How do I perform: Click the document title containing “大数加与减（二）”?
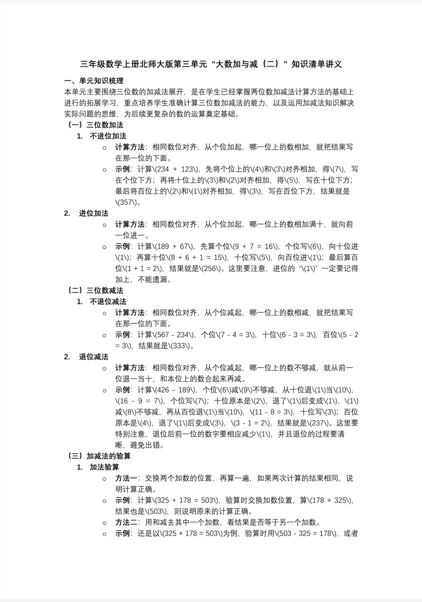point(211,64)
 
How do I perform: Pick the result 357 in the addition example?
point(125,202)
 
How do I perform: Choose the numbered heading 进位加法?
point(94,213)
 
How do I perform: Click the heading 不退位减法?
point(108,302)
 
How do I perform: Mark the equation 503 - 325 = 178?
point(307,533)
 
